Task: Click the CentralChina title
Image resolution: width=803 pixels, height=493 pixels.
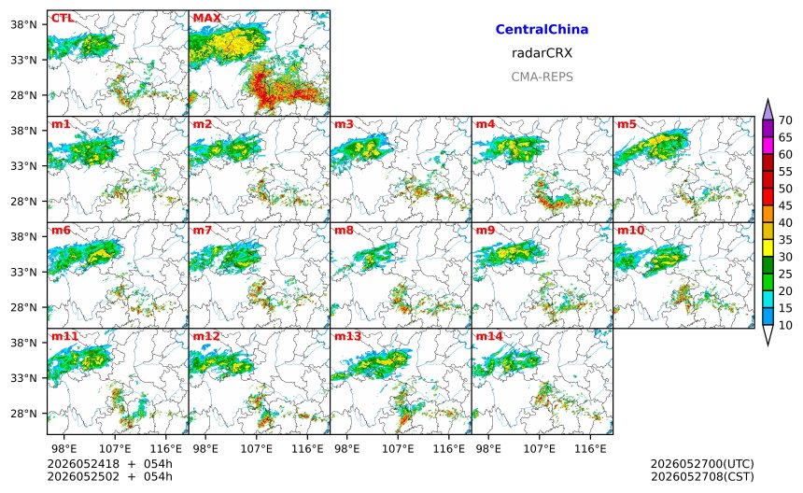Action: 542,30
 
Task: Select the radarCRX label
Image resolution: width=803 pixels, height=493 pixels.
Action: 542,53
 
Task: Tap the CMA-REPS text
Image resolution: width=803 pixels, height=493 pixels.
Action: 542,77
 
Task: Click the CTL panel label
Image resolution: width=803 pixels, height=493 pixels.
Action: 63,18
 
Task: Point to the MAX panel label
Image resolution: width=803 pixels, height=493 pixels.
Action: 207,18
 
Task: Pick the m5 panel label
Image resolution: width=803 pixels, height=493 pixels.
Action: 627,124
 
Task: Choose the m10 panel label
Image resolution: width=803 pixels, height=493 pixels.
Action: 630,230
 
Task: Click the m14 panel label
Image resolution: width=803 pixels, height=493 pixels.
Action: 489,336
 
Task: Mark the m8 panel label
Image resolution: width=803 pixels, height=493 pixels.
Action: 345,230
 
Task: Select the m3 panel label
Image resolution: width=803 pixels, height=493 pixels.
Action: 345,124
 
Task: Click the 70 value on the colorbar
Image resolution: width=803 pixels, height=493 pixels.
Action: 785,120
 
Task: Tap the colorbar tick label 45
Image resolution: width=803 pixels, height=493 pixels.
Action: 785,205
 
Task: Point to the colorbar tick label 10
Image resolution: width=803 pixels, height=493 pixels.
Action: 785,325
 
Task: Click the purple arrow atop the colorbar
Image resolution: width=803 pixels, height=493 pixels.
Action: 768,109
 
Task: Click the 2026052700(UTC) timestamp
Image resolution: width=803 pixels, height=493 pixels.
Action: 702,464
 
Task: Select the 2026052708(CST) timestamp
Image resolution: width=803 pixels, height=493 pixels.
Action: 702,476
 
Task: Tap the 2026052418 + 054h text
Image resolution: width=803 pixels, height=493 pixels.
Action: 109,464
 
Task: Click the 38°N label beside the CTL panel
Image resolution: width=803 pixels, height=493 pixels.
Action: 24,24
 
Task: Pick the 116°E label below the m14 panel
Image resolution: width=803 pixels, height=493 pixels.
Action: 590,449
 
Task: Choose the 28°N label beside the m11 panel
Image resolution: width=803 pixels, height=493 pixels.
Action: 24,413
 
